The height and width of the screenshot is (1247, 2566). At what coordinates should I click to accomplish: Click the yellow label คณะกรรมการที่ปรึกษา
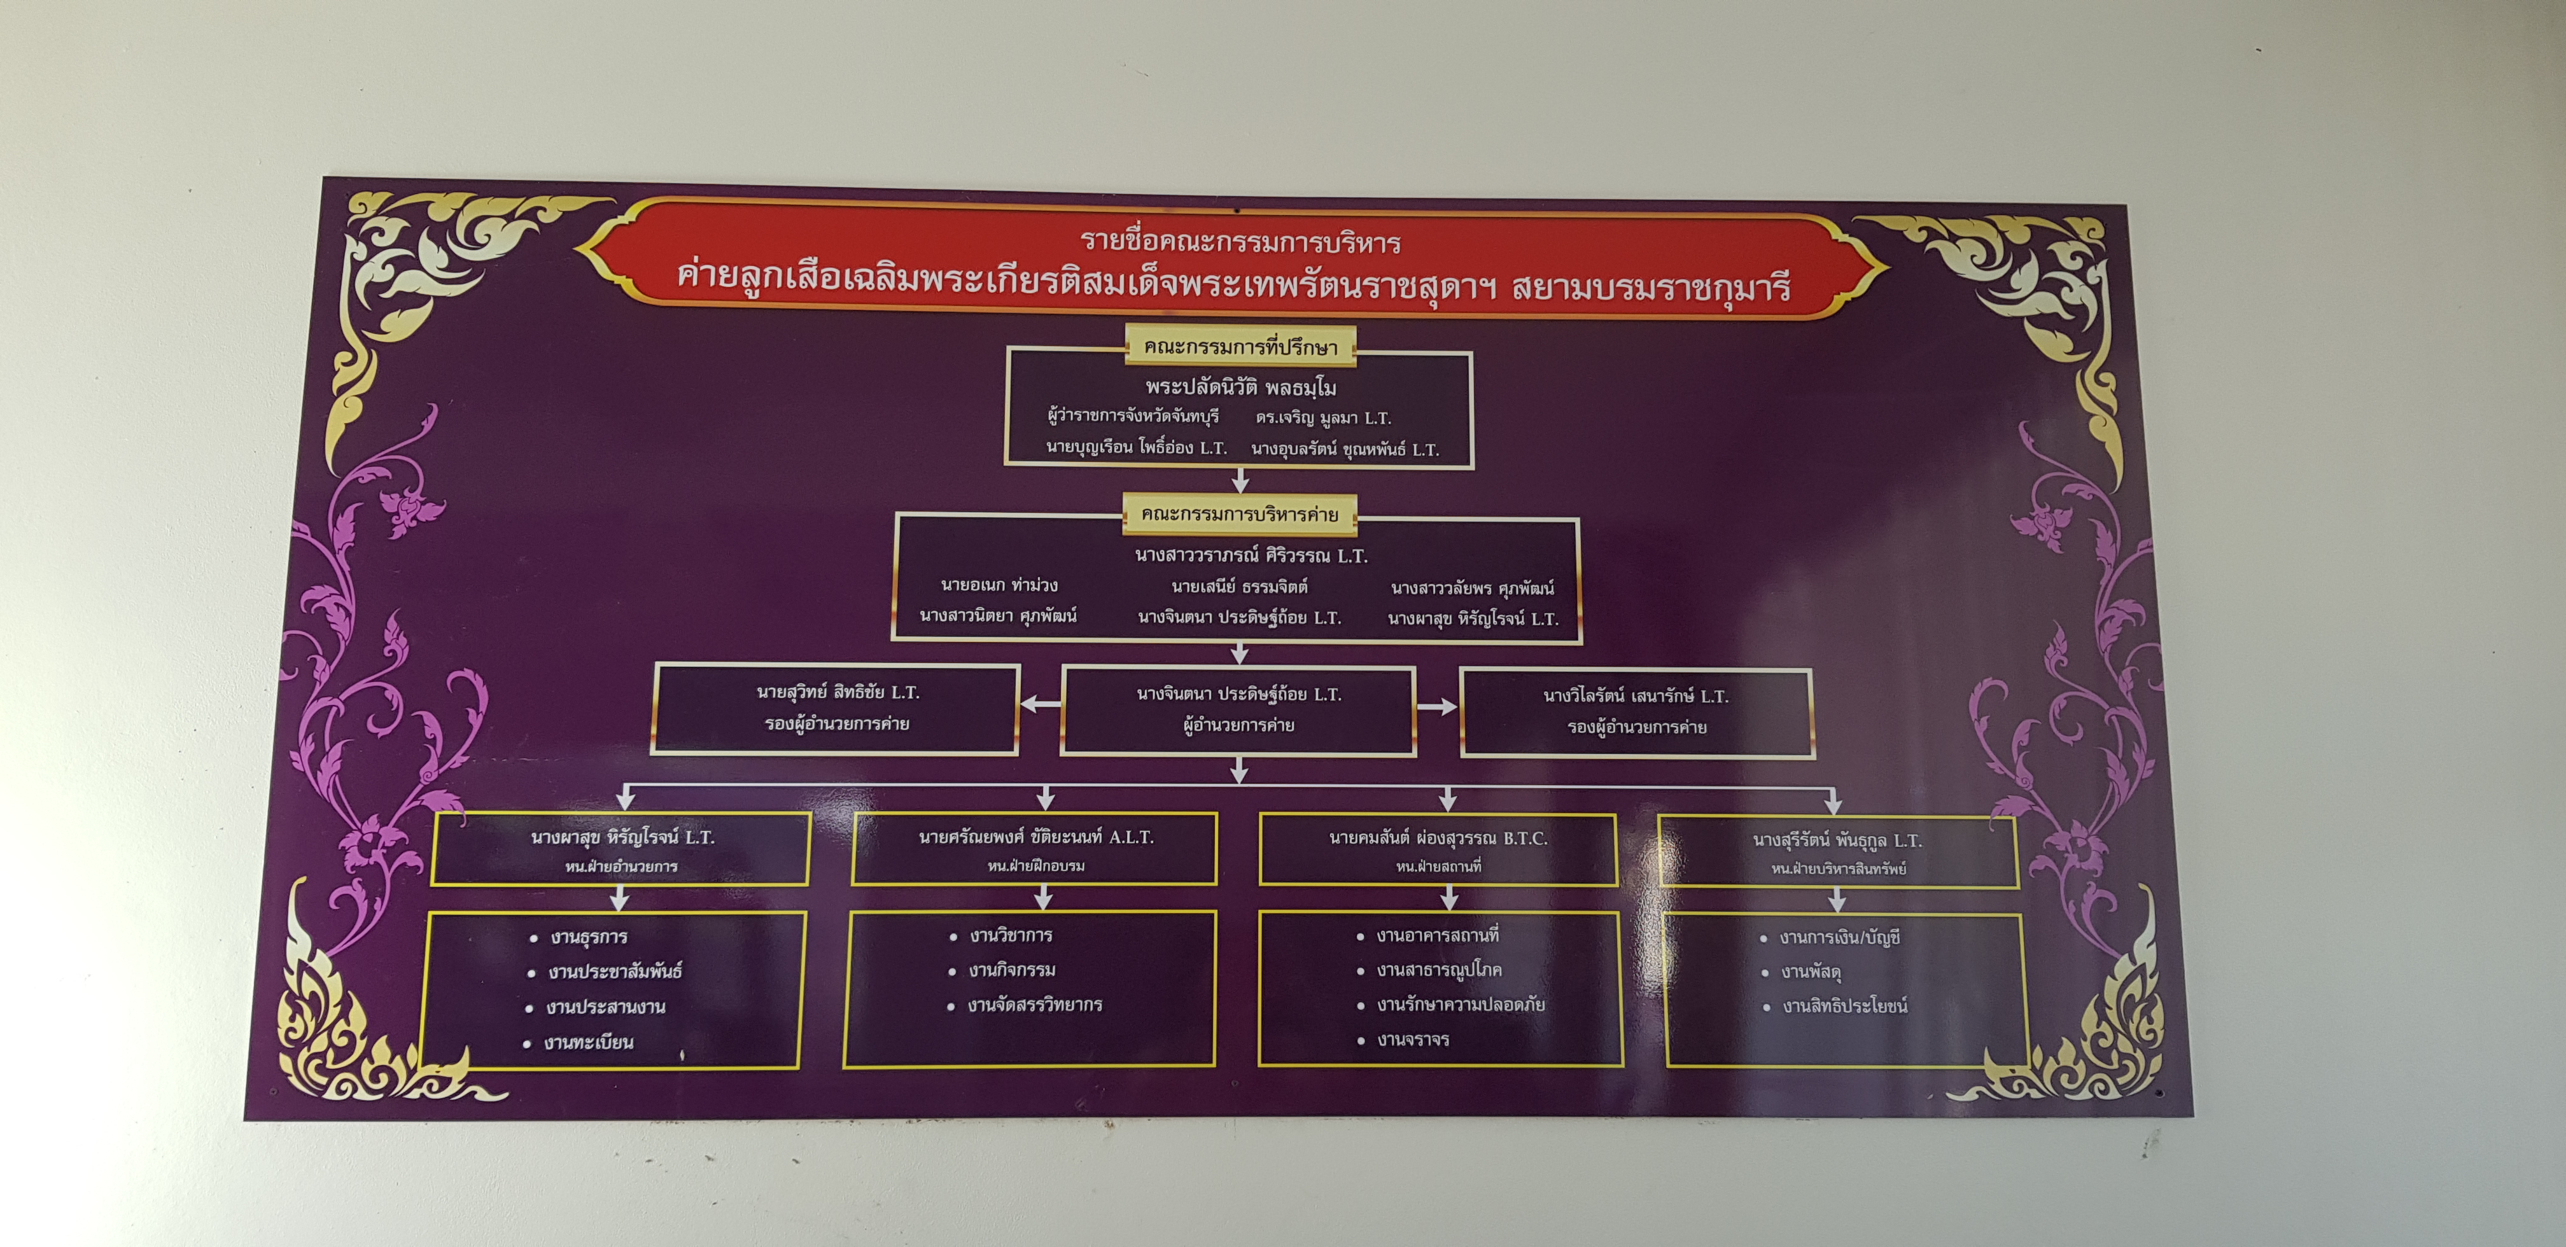pos(1240,347)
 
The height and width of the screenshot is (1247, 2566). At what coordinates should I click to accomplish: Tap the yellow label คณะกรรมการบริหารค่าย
pos(1240,515)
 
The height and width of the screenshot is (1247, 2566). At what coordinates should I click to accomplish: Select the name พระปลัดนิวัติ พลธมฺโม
pos(1240,386)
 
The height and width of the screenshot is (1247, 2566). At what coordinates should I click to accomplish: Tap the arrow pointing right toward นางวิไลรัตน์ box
pos(1436,707)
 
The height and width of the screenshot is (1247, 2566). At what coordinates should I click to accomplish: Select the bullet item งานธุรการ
pos(580,937)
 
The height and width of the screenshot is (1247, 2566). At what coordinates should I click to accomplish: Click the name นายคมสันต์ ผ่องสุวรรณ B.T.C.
pos(1438,839)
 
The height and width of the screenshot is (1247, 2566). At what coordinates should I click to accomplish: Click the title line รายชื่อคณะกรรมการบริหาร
pos(1240,242)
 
